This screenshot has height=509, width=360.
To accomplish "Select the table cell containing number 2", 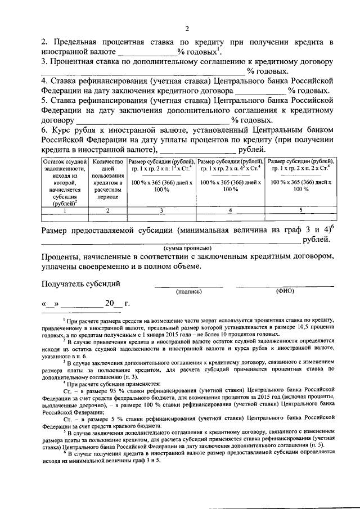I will click(x=107, y=210).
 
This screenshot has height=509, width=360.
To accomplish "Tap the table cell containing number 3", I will click(x=161, y=210).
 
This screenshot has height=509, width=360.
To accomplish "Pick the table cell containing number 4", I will click(x=231, y=210).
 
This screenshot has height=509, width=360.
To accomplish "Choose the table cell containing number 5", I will click(x=300, y=210).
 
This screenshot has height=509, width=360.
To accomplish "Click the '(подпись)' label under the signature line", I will click(x=188, y=292).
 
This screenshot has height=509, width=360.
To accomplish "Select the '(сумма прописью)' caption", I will click(x=188, y=247).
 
